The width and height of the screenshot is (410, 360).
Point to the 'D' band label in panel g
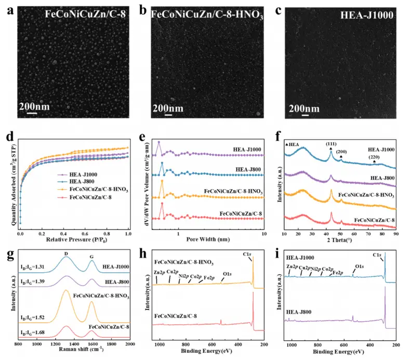tap(65, 254)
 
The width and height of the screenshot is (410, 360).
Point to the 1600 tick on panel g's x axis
tap(91, 343)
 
